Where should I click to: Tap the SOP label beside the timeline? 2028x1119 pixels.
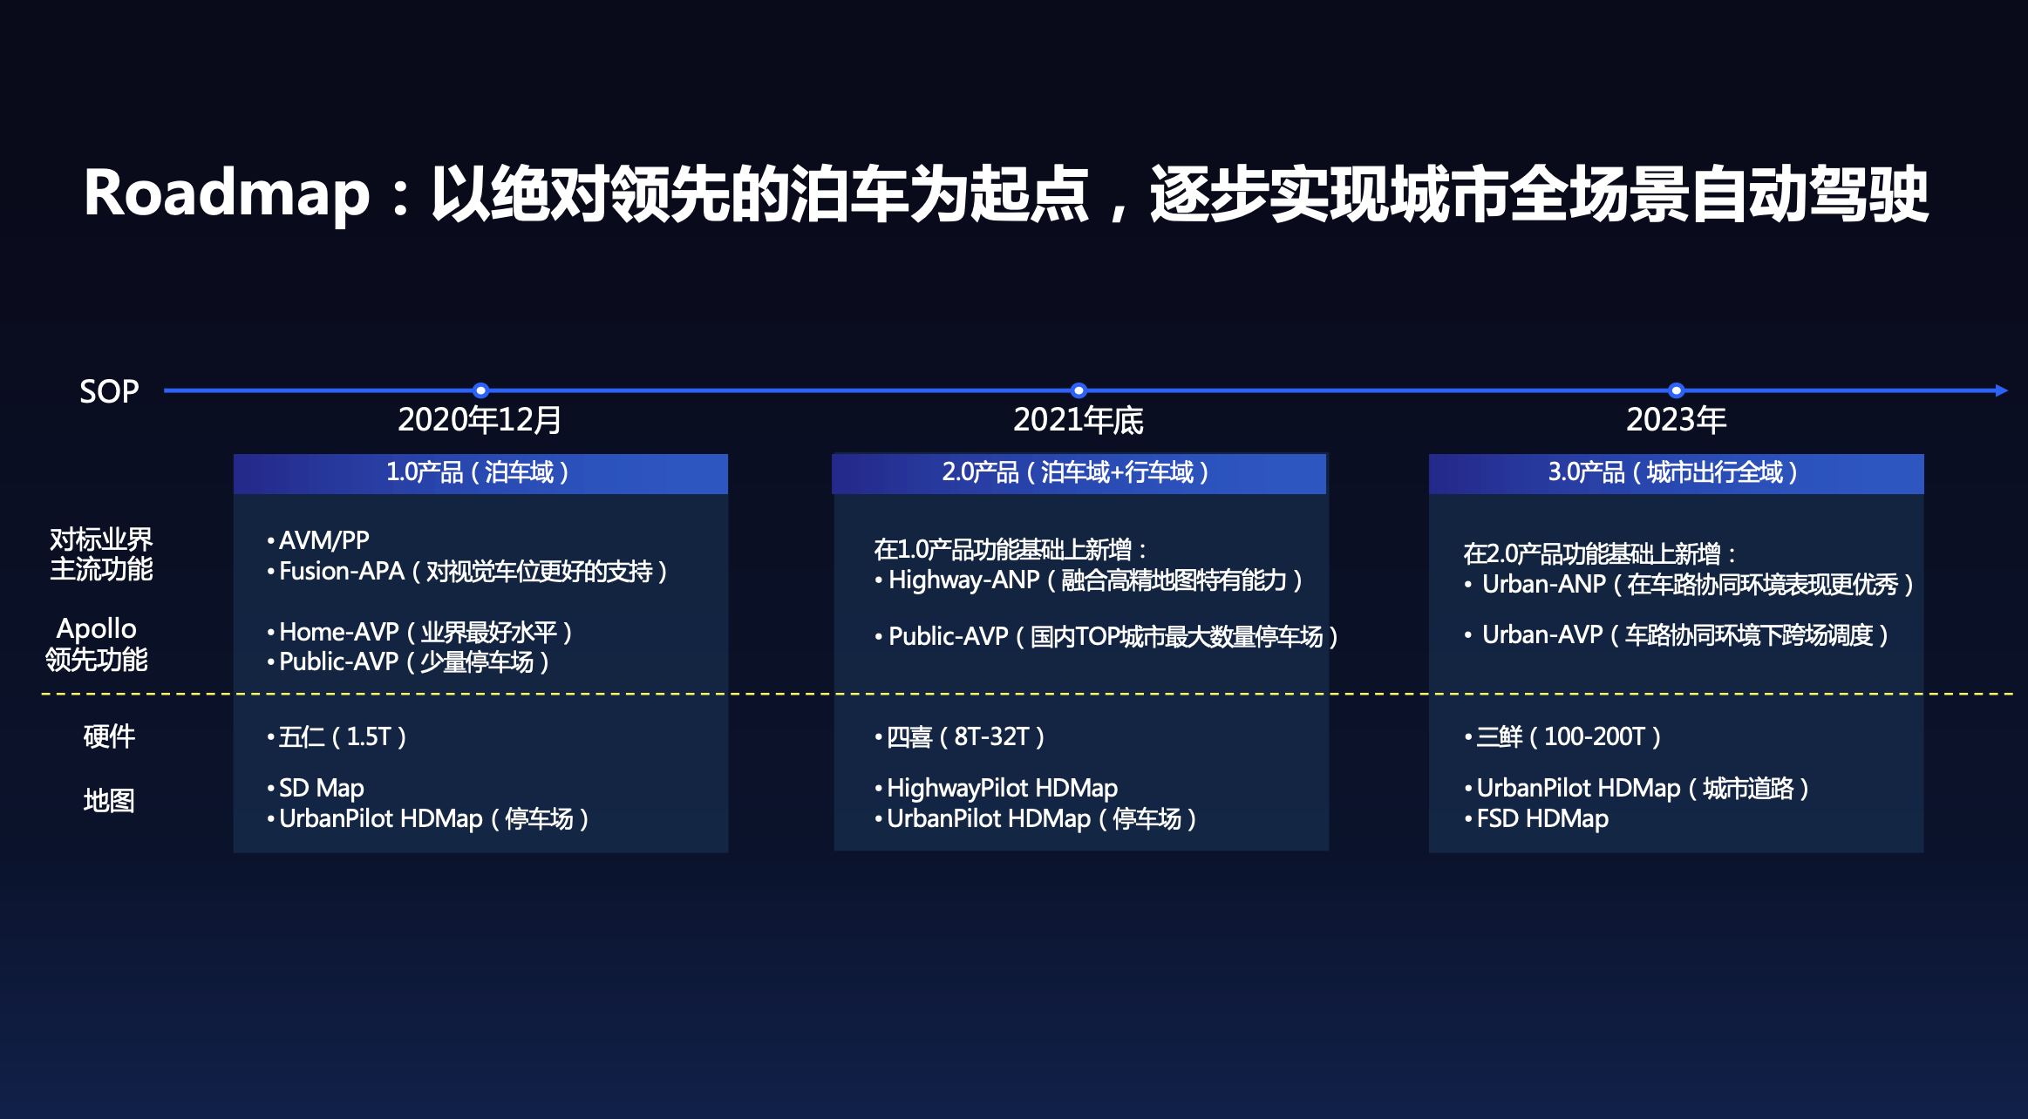pyautogui.click(x=109, y=391)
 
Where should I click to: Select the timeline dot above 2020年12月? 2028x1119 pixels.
pyautogui.click(x=480, y=390)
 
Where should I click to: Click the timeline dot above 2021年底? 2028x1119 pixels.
pyautogui.click(x=1079, y=390)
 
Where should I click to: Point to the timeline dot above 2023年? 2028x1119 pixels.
pyautogui.click(x=1676, y=390)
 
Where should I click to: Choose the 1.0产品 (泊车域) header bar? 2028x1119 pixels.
pyautogui.click(x=480, y=473)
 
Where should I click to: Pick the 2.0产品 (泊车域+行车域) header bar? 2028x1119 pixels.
pyautogui.click(x=1079, y=473)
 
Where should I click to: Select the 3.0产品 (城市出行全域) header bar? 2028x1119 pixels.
pyautogui.click(x=1676, y=473)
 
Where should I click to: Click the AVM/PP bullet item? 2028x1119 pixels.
pyautogui.click(x=318, y=540)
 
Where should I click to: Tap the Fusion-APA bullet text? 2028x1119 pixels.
pyautogui.click(x=467, y=572)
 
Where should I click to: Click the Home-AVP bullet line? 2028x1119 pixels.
pyautogui.click(x=419, y=632)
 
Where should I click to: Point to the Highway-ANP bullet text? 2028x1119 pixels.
pyautogui.click(x=1089, y=580)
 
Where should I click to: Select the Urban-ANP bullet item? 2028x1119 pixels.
pyautogui.click(x=1690, y=584)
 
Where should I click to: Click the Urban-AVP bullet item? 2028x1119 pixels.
pyautogui.click(x=1677, y=635)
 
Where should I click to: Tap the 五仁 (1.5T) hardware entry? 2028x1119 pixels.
pyautogui.click(x=337, y=737)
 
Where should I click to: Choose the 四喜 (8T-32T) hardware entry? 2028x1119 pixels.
pyautogui.click(x=960, y=737)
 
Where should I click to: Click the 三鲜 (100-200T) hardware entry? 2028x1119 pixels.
pyautogui.click(x=1563, y=737)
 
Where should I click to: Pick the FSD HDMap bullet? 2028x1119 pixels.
pyautogui.click(x=1536, y=819)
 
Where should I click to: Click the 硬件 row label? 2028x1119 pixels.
pyautogui.click(x=109, y=736)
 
